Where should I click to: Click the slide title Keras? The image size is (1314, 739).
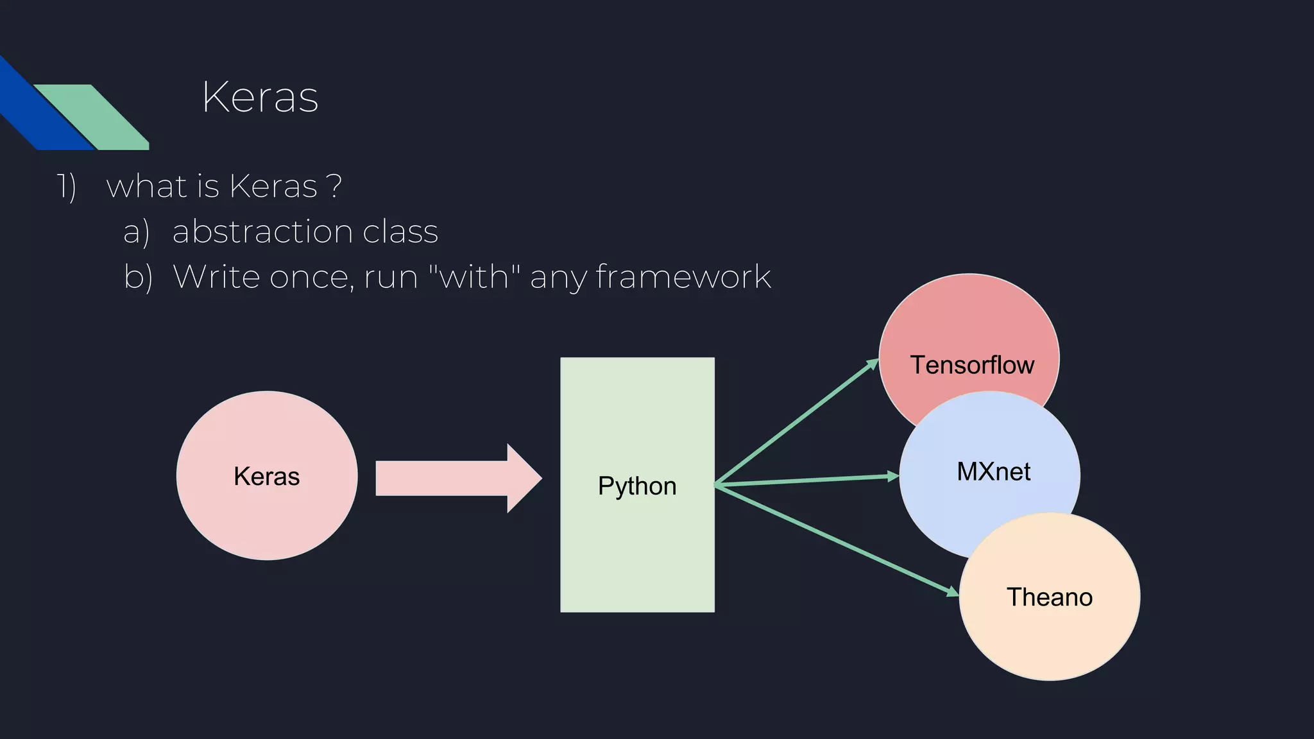point(260,98)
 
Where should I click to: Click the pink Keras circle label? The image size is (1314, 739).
point(266,477)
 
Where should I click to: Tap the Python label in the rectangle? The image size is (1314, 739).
point(637,486)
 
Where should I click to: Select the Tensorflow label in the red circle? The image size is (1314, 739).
point(972,365)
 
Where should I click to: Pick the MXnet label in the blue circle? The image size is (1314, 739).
point(993,472)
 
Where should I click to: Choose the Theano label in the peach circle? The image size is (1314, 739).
point(1049,597)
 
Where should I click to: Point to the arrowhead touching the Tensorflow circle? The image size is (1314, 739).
point(873,364)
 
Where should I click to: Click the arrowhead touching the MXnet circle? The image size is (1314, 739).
point(893,476)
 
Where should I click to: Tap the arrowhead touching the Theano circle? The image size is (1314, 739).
point(953,591)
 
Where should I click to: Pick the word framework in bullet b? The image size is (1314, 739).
point(683,277)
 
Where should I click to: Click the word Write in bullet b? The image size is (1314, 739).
point(216,276)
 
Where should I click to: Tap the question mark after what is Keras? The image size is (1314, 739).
point(334,187)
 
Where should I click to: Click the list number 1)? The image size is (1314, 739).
point(67,187)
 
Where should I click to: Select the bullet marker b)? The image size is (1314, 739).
point(138,277)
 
